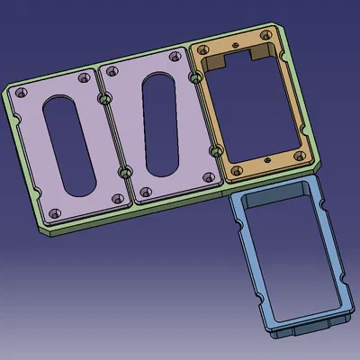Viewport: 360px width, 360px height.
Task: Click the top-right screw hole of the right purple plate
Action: pos(174,58)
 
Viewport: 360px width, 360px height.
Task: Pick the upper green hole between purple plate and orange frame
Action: pos(193,78)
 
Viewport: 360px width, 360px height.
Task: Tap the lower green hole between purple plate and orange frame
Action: pos(214,147)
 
